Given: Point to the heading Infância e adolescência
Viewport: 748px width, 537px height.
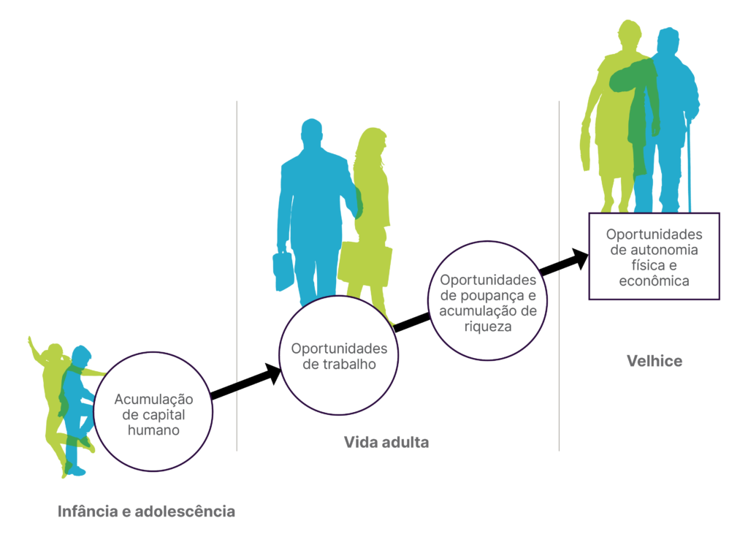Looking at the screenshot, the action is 146,511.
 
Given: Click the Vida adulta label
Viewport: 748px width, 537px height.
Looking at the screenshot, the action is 386,442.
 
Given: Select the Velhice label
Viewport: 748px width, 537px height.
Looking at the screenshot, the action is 654,361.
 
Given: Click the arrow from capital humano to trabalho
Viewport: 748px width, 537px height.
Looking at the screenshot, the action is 246,382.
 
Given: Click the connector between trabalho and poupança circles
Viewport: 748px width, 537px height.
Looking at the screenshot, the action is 412,322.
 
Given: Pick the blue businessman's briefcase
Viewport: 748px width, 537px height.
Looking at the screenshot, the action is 283,270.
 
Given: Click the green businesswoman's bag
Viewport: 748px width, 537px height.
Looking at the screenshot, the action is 365,264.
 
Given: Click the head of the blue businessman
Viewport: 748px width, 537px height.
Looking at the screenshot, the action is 311,133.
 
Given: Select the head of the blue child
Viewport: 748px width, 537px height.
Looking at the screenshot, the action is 81,357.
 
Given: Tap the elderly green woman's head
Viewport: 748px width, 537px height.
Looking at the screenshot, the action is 630,34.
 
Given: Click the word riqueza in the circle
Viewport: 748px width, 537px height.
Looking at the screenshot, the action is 487,327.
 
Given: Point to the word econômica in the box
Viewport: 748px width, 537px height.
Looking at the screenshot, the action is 654,281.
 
